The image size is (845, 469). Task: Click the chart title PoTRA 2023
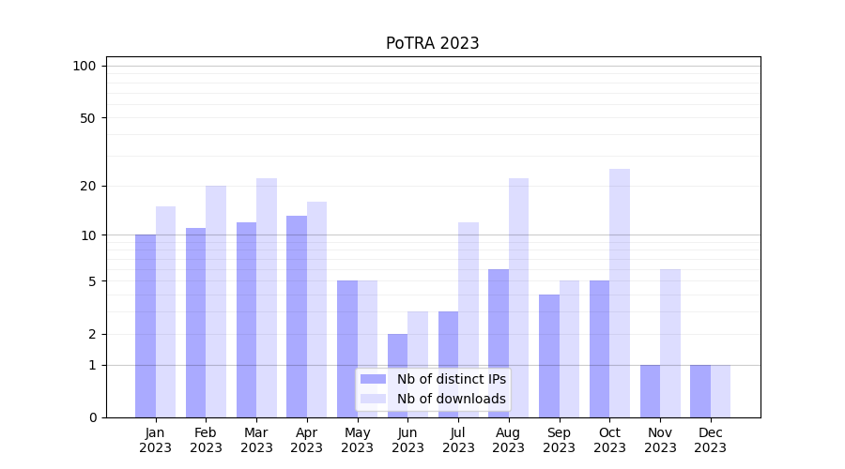(x=432, y=43)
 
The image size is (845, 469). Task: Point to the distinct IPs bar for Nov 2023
(x=650, y=391)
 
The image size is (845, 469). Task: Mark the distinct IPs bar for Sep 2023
(x=549, y=356)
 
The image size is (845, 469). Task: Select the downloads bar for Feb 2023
(x=216, y=301)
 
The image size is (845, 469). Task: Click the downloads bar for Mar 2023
(x=267, y=297)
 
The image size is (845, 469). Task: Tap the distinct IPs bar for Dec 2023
(x=700, y=391)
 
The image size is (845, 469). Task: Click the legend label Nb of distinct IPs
(x=451, y=379)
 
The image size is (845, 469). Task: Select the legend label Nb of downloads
(x=451, y=399)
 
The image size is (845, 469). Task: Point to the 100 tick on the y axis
(x=84, y=66)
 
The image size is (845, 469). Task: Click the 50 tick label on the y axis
(x=87, y=118)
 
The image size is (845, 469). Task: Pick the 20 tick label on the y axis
(x=87, y=186)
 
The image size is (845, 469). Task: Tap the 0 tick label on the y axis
(x=91, y=417)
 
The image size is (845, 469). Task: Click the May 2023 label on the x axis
(x=357, y=440)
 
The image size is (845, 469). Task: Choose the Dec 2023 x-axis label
(x=710, y=440)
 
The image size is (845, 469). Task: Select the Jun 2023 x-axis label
(x=407, y=440)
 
